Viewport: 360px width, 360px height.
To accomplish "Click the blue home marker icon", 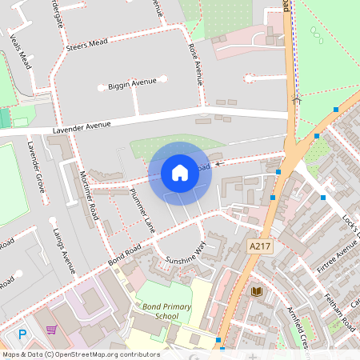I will tap(179, 172).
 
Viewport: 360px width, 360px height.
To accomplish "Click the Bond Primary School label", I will tap(155, 311).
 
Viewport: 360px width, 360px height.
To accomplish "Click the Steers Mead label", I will tap(87, 44).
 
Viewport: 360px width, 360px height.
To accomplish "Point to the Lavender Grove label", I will tap(37, 166).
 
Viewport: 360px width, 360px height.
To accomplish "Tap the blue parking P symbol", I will tap(22, 335).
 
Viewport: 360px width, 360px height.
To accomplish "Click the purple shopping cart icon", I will tap(52, 330).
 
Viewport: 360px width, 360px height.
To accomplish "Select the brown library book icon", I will tap(256, 292).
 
